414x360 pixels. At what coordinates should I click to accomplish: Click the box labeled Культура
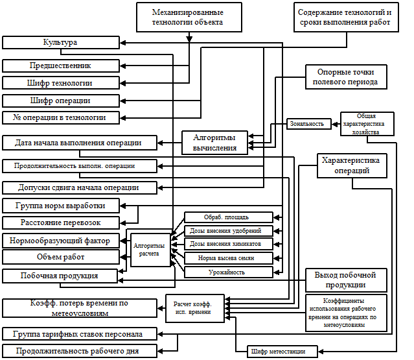pos(61,42)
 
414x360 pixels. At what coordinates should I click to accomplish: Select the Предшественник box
pos(61,66)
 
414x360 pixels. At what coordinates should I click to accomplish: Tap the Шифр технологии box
pos(61,83)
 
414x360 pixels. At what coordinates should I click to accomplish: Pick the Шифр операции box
pos(61,101)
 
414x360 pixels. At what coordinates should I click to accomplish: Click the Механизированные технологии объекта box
pos(189,17)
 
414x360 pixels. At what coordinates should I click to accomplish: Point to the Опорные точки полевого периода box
pos(346,76)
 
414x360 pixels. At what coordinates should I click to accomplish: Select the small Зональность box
pos(308,123)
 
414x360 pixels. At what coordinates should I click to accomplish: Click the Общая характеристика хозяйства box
pos(367,123)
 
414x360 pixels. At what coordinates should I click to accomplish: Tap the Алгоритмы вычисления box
pos(214,143)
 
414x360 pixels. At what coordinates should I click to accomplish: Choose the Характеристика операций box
pos(352,165)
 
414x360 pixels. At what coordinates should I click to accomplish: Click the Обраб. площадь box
pos(228,217)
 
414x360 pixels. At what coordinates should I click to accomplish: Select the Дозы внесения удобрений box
pos(228,230)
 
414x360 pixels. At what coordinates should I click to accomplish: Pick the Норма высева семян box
pos(228,258)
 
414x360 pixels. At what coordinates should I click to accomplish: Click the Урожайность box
pos(228,272)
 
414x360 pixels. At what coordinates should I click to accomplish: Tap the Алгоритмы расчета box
pos(150,250)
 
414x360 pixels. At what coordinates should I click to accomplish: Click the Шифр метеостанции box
pos(282,352)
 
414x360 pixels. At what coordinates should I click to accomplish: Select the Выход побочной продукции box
pos(341,280)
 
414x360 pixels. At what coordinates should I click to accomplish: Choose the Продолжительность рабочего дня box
pos(80,351)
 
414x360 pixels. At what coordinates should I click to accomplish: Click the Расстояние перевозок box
pos(61,222)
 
